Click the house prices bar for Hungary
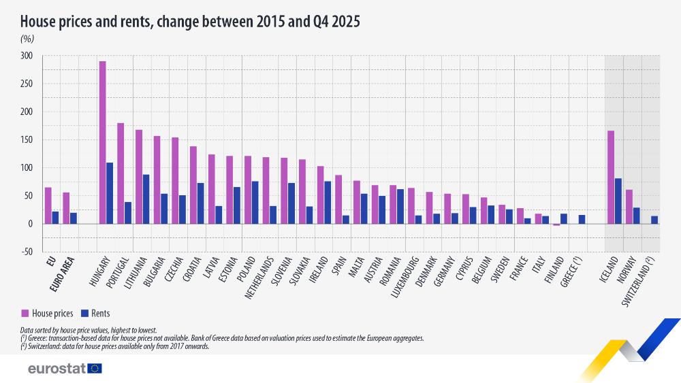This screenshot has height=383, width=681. point(102,142)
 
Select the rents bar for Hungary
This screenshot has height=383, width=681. point(110,193)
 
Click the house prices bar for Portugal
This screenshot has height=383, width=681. point(121,173)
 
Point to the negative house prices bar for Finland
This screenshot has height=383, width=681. point(556,224)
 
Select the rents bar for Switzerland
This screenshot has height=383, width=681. point(654,220)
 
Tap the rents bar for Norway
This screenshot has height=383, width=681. point(636,216)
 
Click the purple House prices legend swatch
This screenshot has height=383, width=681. point(25,314)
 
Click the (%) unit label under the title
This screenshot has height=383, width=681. point(27,39)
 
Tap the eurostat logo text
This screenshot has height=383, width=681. point(56,368)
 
